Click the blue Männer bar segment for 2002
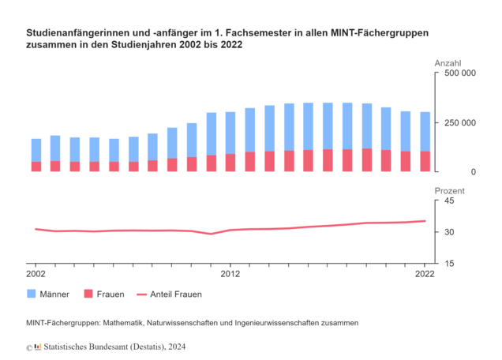[x=36, y=150]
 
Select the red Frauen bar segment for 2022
[x=425, y=161]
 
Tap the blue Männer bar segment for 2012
[x=230, y=133]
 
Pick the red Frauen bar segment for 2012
[x=230, y=163]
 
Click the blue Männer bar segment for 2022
[x=425, y=132]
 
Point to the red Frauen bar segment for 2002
[x=36, y=167]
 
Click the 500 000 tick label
[x=460, y=73]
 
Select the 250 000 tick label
[x=460, y=122]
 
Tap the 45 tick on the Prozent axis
[x=449, y=201]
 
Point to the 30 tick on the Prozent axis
[x=449, y=232]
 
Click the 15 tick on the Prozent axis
[x=449, y=263]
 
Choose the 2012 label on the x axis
[x=230, y=274]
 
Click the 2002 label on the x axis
[x=36, y=274]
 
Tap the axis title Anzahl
[x=448, y=63]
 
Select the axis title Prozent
[x=449, y=191]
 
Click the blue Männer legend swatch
[x=32, y=294]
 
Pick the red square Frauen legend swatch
[x=88, y=294]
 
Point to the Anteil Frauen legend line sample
[x=141, y=294]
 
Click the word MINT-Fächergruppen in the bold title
[x=380, y=33]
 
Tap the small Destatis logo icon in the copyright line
[x=38, y=347]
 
